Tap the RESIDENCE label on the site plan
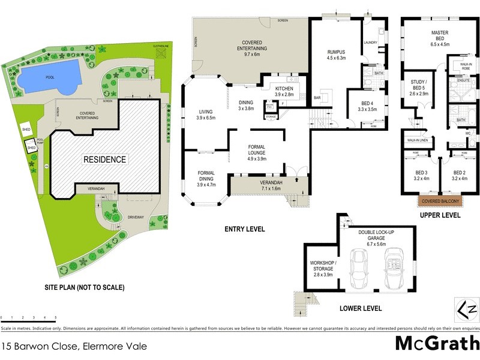pos(104,160)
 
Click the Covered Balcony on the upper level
pos(440,202)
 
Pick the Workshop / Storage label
pos(322,268)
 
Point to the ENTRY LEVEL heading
pos(245,229)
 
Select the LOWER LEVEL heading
pos(361,309)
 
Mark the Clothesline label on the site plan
pos(162,46)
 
